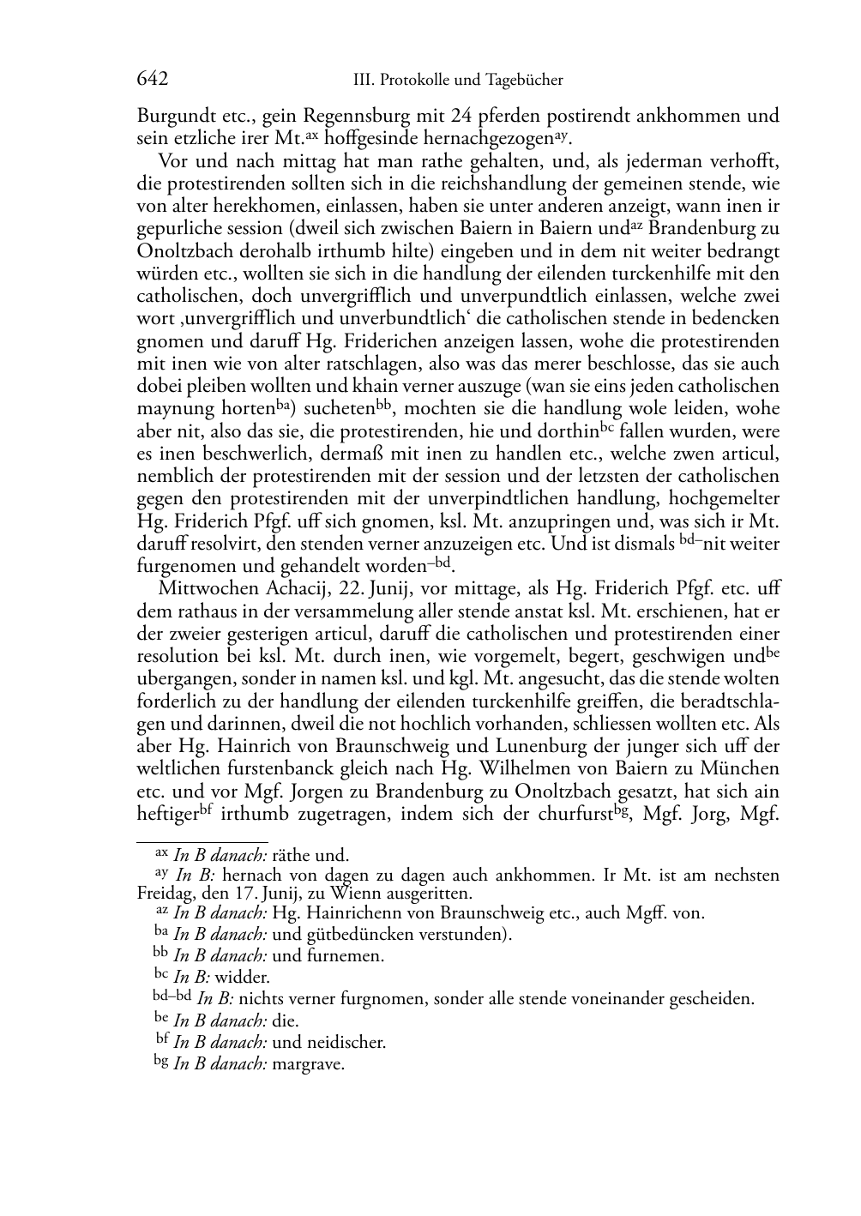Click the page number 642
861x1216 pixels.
pyautogui.click(x=152, y=80)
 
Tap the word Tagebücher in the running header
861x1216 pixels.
pyautogui.click(x=525, y=81)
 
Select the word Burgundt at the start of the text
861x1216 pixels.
pyautogui.click(x=171, y=115)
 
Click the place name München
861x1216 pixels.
pyautogui.click(x=741, y=768)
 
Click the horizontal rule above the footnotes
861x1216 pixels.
pyautogui.click(x=202, y=842)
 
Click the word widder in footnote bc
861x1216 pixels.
pyautogui.click(x=242, y=978)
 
